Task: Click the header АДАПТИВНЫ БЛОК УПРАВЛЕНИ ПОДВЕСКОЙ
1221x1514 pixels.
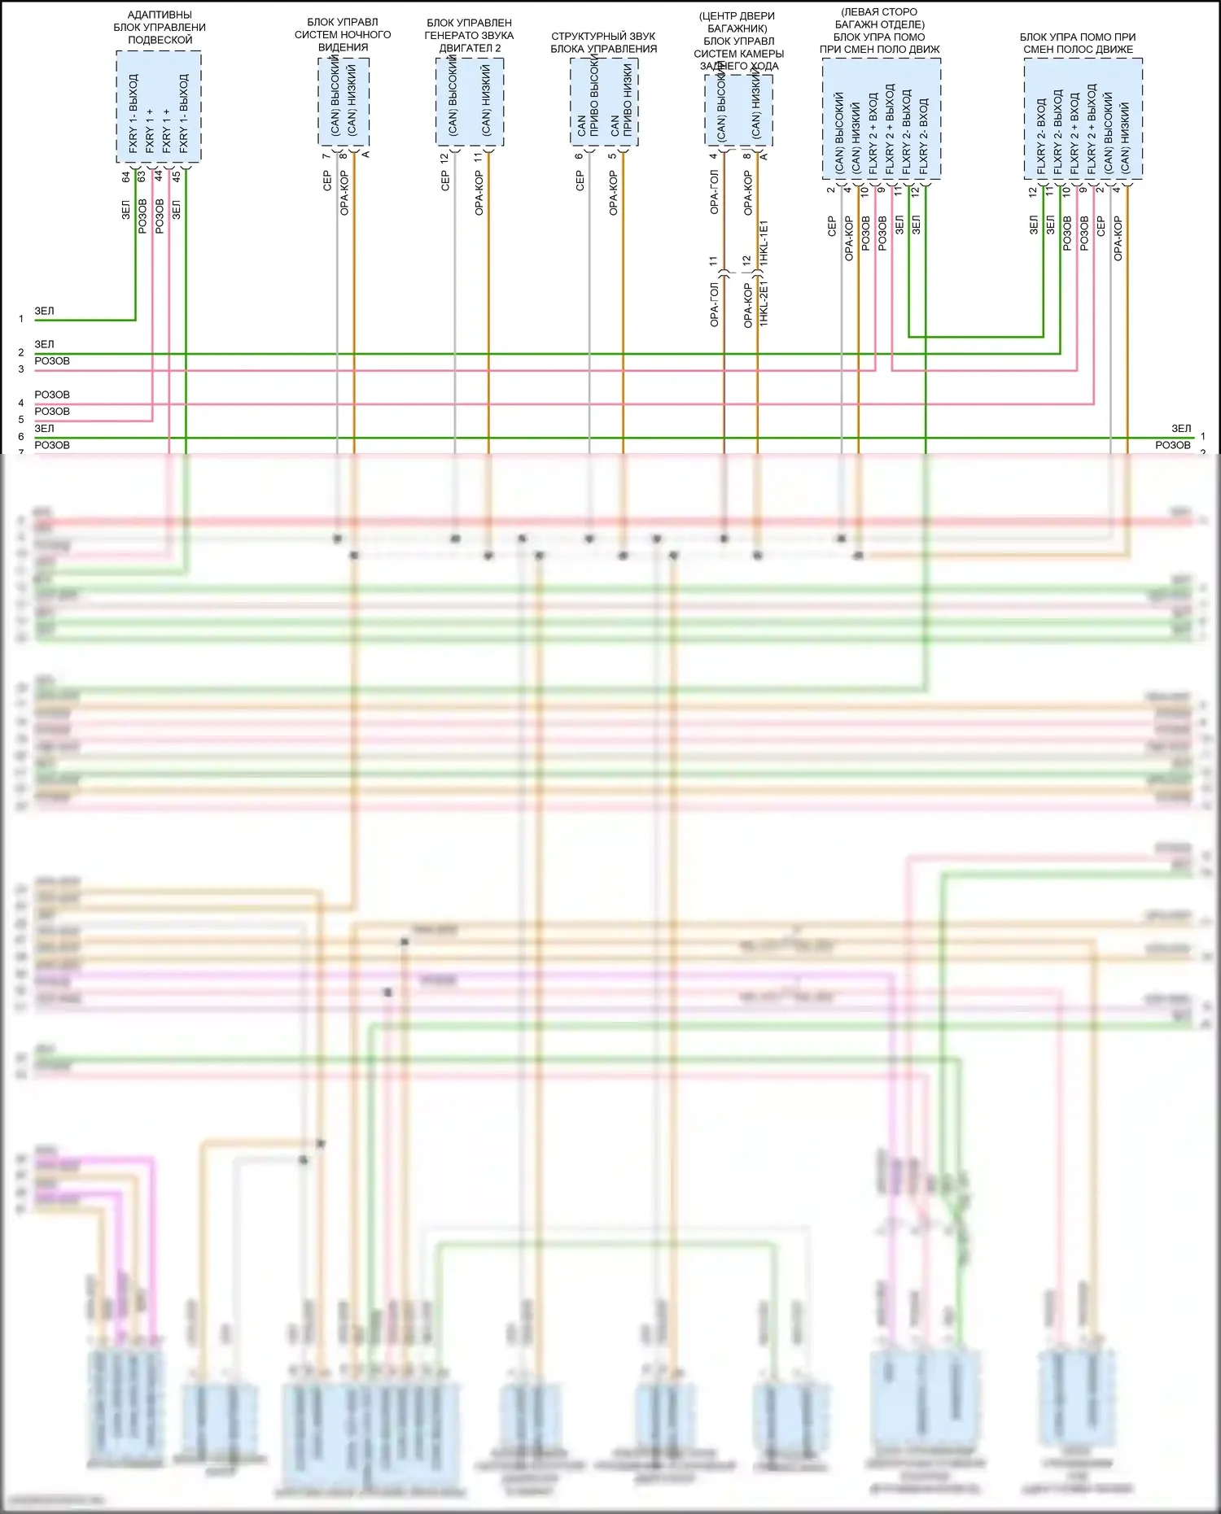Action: [x=160, y=27]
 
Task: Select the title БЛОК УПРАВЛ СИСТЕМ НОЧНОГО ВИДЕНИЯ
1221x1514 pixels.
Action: [x=343, y=34]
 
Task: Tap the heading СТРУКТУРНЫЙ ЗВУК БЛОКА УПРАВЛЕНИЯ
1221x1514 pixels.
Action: [x=603, y=42]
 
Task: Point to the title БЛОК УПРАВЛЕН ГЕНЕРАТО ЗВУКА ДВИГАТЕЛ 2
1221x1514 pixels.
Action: [x=469, y=35]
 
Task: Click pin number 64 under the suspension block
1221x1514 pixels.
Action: [x=126, y=177]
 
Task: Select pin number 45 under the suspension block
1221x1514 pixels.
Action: [x=177, y=177]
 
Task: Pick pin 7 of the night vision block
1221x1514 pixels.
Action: [x=326, y=156]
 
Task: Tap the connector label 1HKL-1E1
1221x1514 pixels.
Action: [x=764, y=242]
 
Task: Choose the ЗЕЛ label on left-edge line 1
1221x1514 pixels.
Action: [x=44, y=311]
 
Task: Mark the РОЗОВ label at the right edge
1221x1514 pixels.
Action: [x=1172, y=445]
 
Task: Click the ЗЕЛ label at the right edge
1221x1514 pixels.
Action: [x=1181, y=428]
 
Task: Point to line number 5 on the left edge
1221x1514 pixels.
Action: [x=21, y=420]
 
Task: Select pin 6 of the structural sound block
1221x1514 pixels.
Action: [x=579, y=156]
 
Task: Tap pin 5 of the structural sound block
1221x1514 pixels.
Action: [x=612, y=156]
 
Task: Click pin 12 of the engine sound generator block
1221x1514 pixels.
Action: [x=444, y=158]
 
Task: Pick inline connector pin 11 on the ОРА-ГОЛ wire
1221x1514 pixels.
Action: [x=714, y=261]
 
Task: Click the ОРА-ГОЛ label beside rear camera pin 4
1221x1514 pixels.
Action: [x=714, y=194]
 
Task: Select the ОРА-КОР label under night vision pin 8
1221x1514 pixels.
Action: [x=344, y=194]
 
